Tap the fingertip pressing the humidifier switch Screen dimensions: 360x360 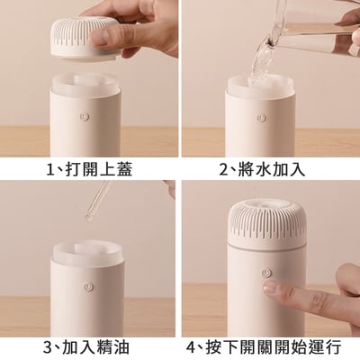pyautogui.click(x=269, y=290)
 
